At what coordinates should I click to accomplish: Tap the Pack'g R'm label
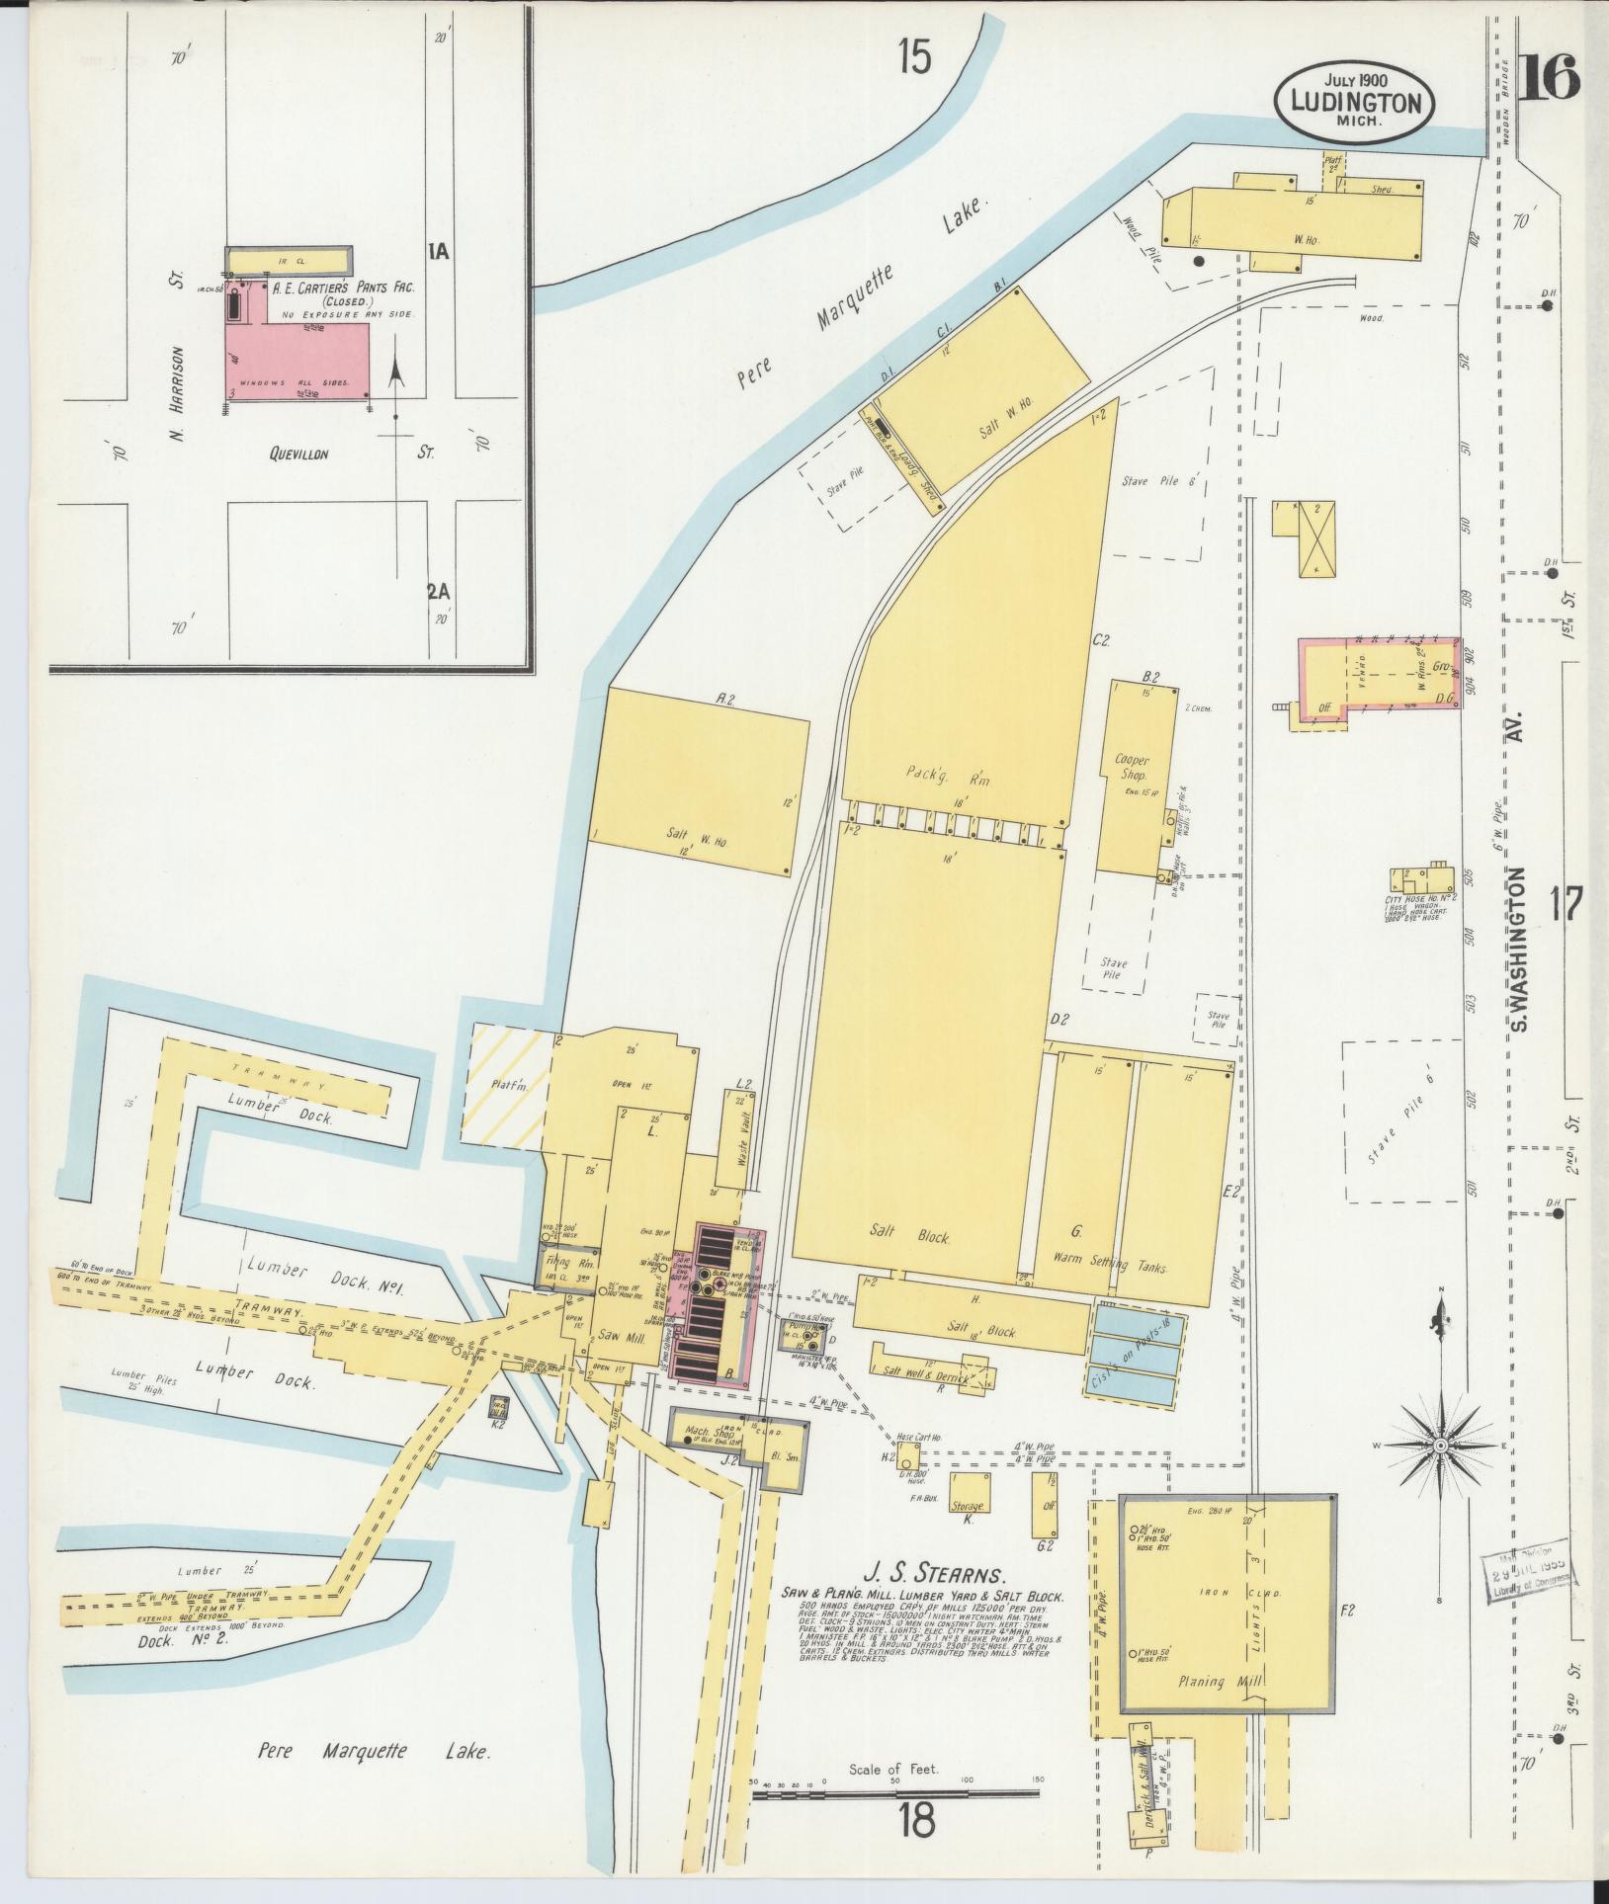(947, 775)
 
